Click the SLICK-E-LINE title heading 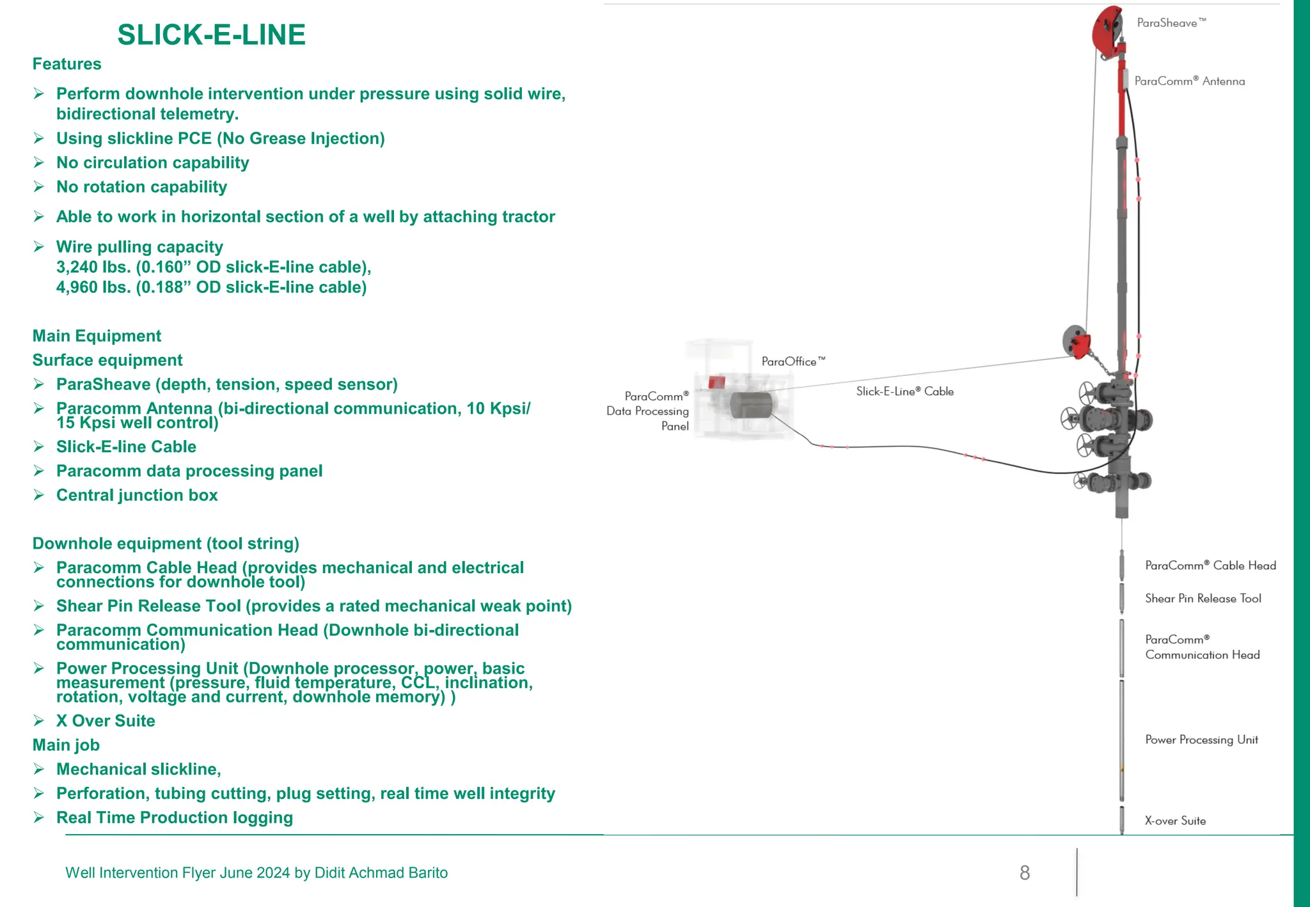211,35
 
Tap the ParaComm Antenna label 1189,81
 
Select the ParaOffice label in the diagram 793,361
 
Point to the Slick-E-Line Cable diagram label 904,391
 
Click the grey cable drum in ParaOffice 751,405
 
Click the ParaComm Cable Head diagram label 1210,565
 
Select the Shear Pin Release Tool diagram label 1203,599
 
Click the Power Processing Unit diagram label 1201,740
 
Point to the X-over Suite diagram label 1174,821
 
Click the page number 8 1024,873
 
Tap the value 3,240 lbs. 93,267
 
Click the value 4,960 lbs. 93,288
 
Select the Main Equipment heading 97,336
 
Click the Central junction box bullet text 137,495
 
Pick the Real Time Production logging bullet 174,817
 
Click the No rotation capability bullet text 141,187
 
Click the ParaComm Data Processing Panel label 647,411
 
